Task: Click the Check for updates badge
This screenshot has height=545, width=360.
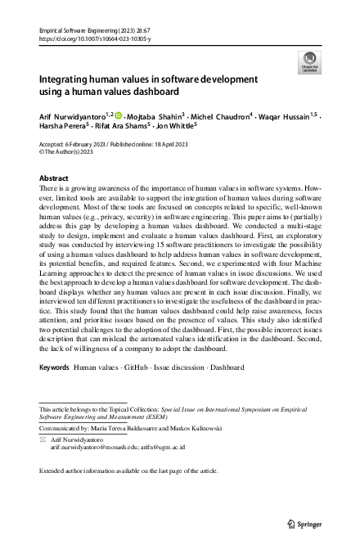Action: [310, 61]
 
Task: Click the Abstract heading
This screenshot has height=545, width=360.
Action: [54, 178]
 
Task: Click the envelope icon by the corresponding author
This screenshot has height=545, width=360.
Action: [43, 439]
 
